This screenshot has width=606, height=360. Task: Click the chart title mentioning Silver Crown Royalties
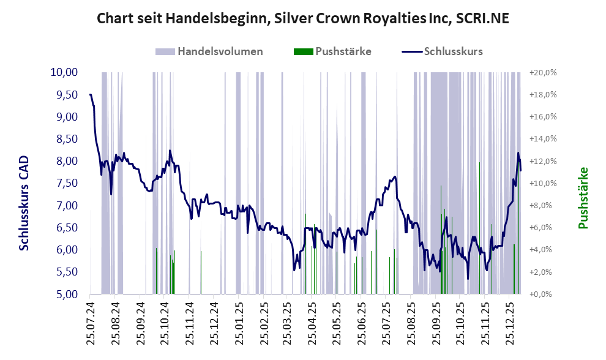click(x=303, y=19)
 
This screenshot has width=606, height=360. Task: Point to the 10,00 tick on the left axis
click(x=64, y=72)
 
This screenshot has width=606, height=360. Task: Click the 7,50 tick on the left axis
click(x=64, y=183)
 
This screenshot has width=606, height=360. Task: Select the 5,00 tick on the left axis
click(x=64, y=294)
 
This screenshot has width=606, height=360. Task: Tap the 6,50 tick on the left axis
click(x=64, y=228)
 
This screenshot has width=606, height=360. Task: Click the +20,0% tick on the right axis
click(x=543, y=72)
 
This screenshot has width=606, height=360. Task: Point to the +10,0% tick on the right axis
click(x=543, y=183)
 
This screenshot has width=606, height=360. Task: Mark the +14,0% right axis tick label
click(x=543, y=139)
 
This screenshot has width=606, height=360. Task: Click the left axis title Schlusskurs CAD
click(x=24, y=203)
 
